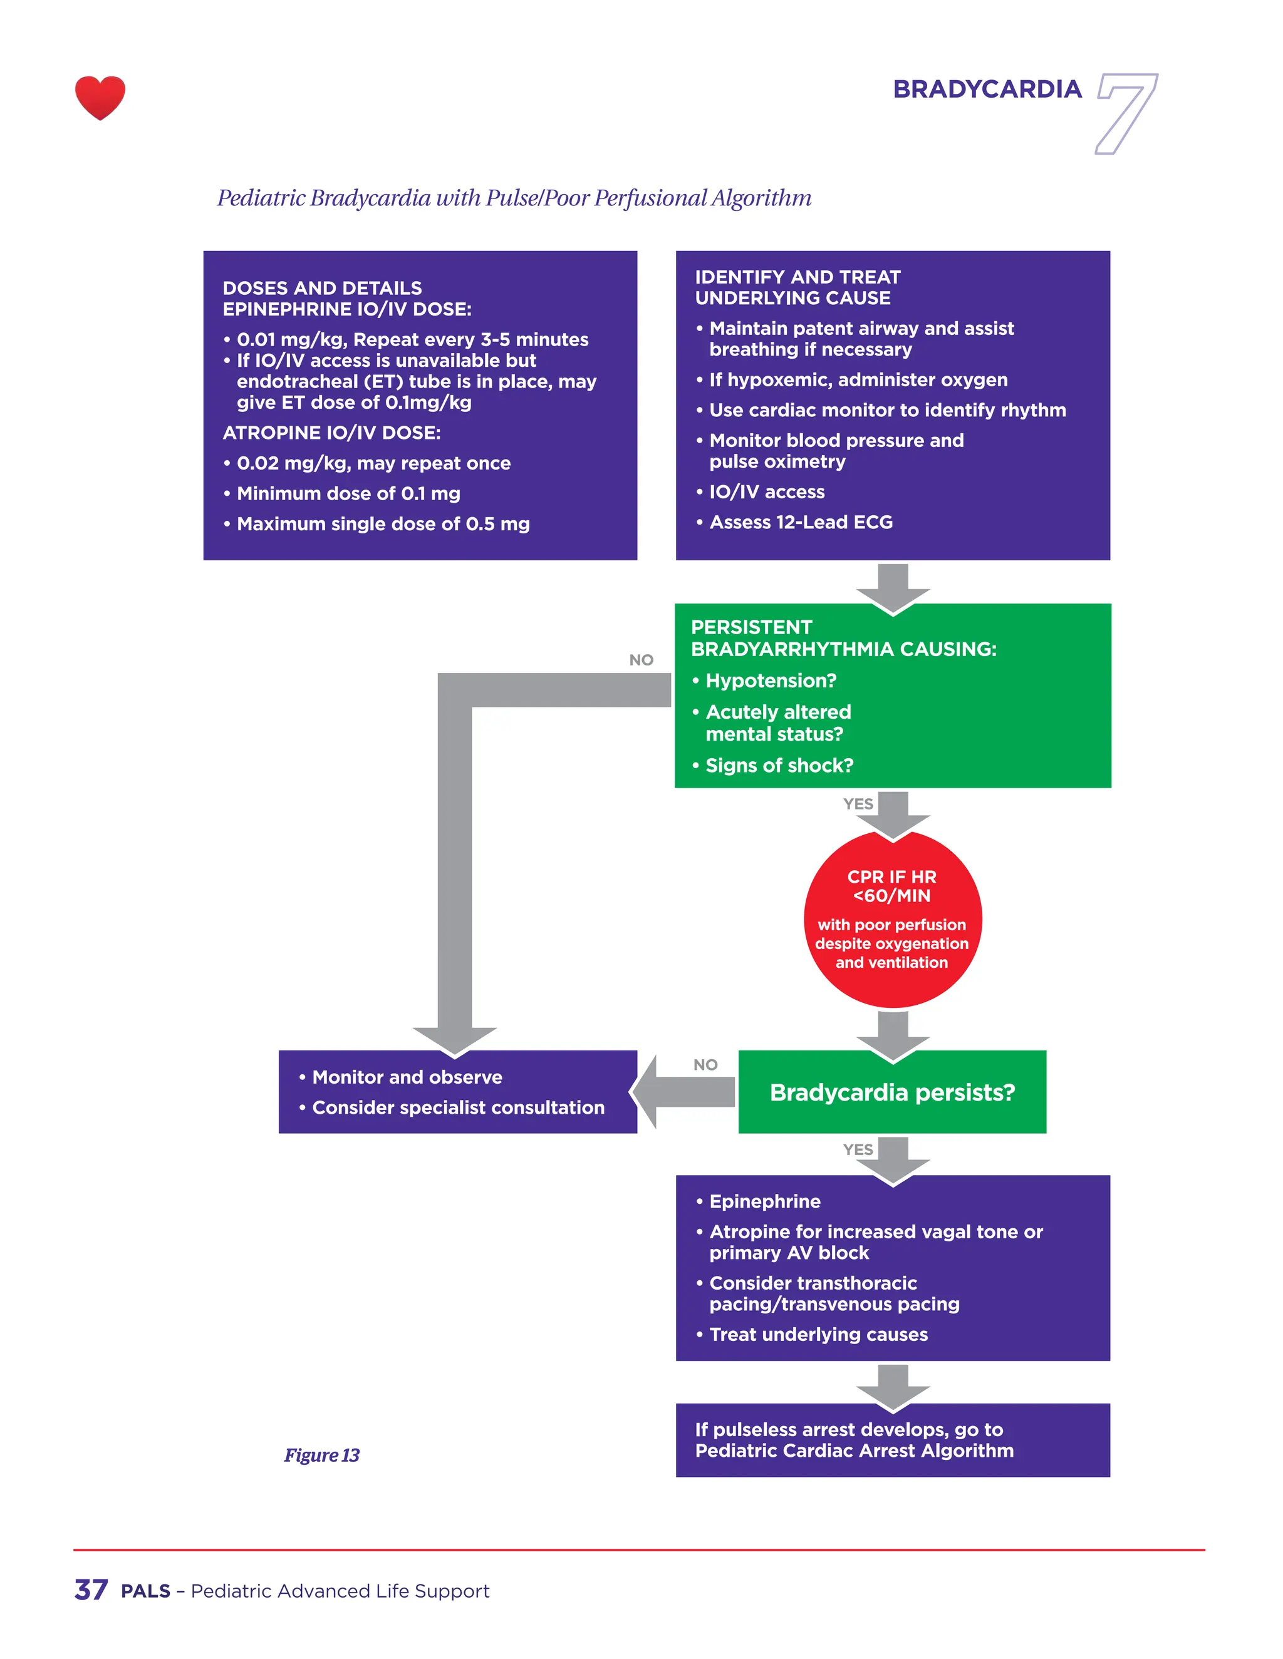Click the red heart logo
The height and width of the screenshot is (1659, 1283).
(100, 97)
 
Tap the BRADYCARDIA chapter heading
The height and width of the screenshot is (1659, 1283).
(987, 90)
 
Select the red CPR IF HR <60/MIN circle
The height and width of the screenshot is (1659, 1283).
(892, 919)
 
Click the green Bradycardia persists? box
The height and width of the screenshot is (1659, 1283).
(891, 1092)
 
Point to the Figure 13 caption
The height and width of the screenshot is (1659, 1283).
(321, 1455)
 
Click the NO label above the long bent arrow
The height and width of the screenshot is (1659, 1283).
(641, 660)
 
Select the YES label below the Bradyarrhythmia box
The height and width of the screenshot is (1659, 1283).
(858, 804)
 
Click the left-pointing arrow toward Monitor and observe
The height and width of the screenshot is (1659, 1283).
(683, 1092)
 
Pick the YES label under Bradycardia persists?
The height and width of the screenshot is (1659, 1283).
(858, 1149)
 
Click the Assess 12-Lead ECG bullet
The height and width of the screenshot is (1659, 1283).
(801, 523)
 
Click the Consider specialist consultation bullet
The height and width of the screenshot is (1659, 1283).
(457, 1107)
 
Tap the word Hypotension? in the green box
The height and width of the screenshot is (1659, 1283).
(771, 681)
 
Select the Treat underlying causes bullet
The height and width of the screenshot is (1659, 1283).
(818, 1335)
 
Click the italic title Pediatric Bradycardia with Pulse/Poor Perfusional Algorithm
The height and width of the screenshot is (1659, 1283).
(514, 198)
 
